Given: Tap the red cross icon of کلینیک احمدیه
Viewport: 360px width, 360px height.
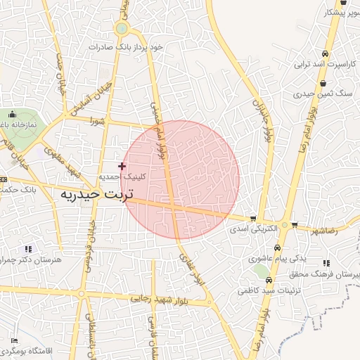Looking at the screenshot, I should [x=122, y=166].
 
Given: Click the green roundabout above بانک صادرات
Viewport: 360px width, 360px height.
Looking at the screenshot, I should [x=122, y=28].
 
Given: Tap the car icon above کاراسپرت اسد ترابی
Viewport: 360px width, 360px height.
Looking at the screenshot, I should [x=324, y=54].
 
